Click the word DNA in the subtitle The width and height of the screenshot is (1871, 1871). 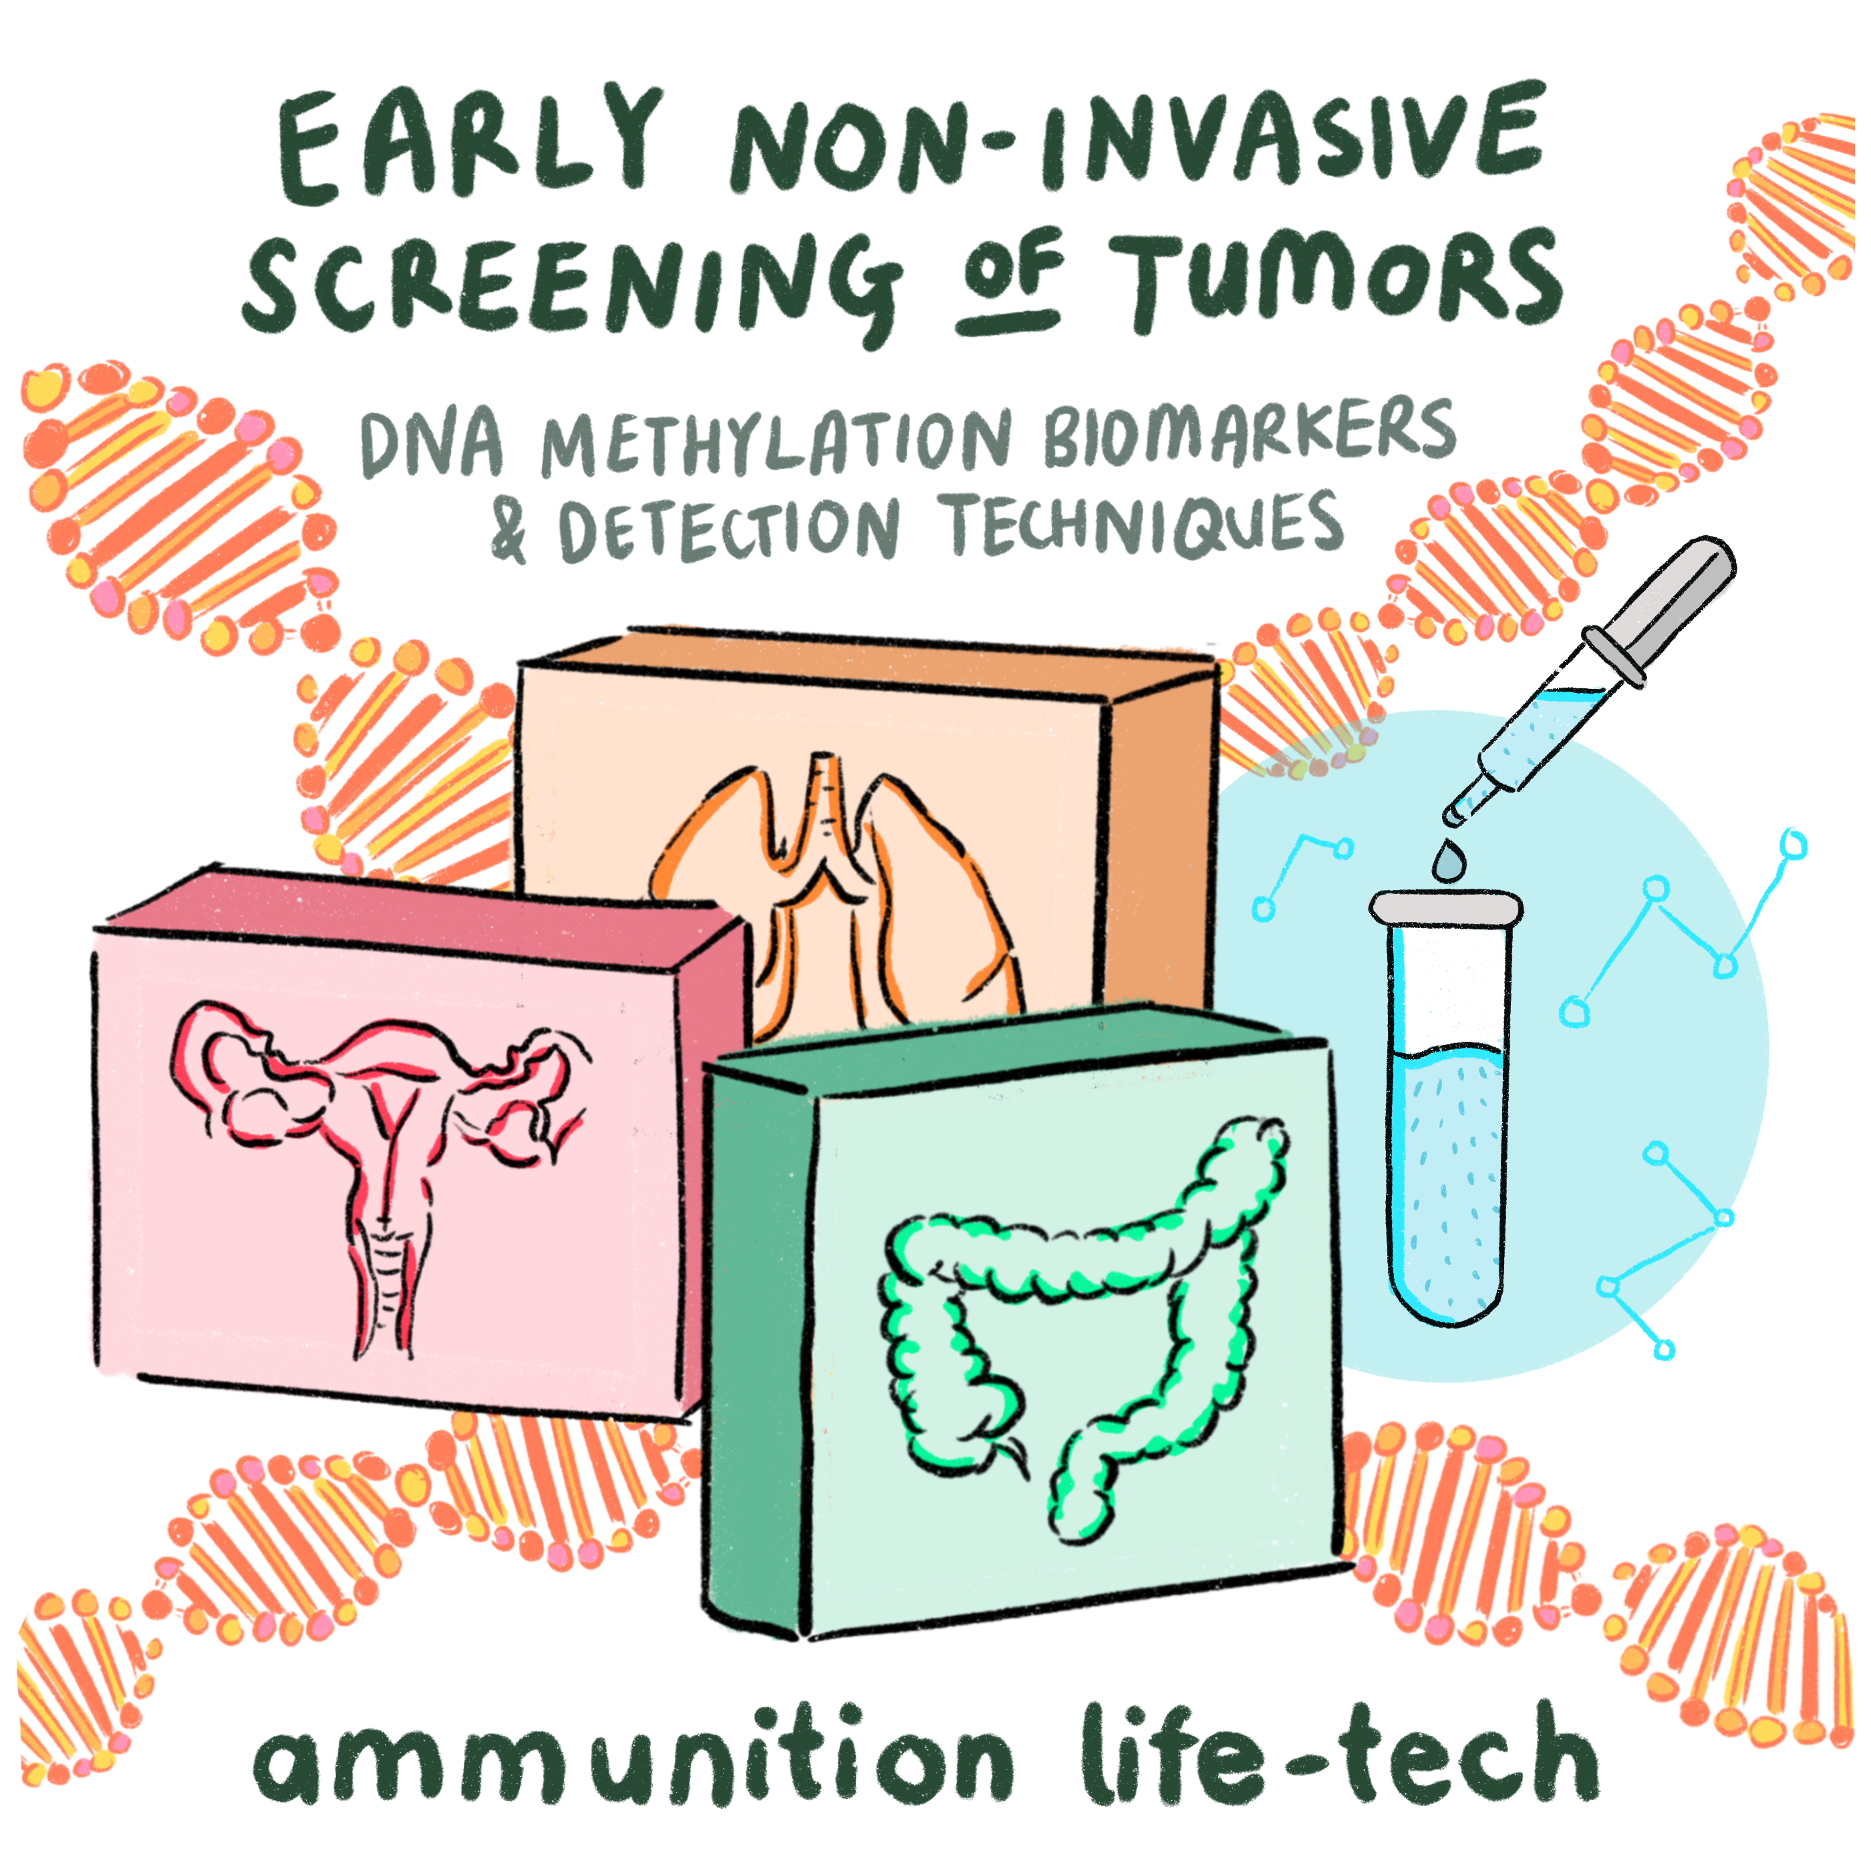click(432, 446)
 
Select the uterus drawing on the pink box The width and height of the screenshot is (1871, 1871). click(382, 1162)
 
